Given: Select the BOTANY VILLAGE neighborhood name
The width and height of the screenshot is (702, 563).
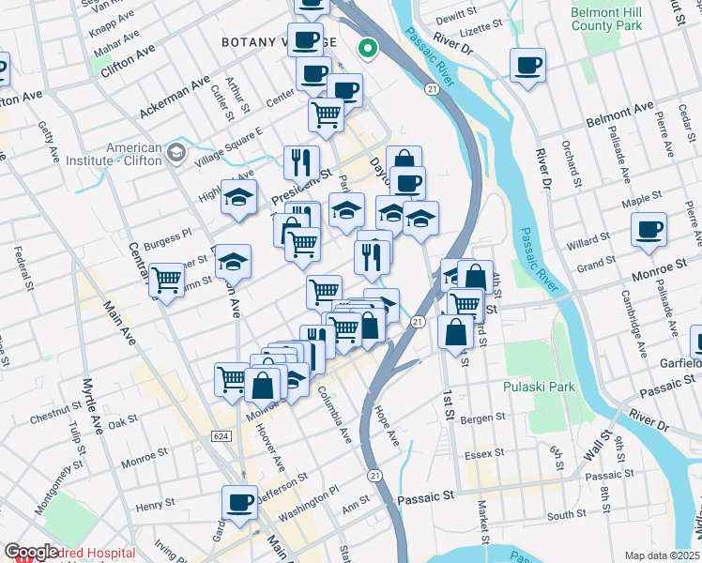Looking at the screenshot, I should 265,42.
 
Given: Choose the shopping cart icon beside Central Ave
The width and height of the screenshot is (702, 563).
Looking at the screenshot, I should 166,280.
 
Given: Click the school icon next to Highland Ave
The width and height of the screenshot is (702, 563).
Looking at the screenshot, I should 238,197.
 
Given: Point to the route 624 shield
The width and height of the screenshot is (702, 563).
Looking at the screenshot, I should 221,436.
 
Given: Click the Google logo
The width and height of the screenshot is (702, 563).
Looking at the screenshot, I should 31,552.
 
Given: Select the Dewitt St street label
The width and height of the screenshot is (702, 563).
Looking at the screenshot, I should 457,17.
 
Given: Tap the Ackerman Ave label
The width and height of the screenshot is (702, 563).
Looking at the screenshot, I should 175,98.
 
